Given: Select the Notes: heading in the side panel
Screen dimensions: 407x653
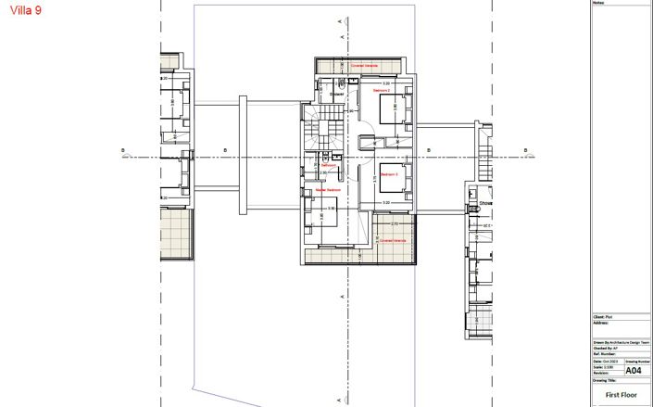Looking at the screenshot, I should tap(597, 3).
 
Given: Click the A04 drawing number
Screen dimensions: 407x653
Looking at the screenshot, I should tap(634, 371).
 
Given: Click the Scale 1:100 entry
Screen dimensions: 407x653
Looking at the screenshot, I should tap(603, 366).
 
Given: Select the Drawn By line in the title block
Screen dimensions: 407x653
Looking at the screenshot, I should tap(616, 341).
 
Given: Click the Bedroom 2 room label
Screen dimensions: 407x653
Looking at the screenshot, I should tap(381, 92).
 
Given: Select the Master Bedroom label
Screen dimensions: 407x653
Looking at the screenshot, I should tap(327, 190).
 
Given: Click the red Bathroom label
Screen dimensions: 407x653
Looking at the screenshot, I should tap(329, 165).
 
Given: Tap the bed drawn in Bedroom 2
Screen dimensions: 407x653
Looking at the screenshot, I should tap(396, 109).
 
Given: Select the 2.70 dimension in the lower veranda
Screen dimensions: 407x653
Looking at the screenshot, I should tap(394, 224).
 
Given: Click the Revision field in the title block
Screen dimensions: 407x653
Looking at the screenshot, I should tap(602, 373).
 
